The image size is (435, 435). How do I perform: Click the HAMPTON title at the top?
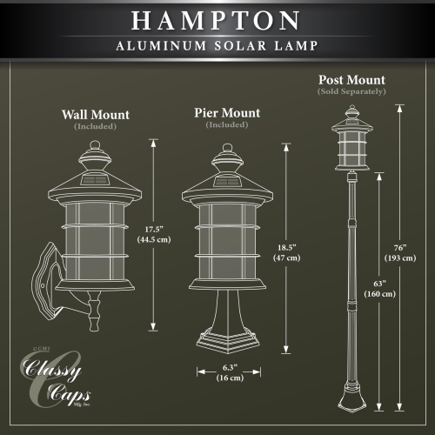click(x=217, y=21)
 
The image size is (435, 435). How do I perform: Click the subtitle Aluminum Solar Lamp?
click(x=217, y=46)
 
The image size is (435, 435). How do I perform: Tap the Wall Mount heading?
click(x=96, y=114)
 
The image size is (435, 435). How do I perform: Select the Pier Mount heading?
click(x=226, y=113)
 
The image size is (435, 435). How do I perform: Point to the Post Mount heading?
click(x=352, y=80)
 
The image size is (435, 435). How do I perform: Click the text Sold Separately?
click(x=352, y=91)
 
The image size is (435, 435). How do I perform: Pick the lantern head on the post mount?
click(x=351, y=139)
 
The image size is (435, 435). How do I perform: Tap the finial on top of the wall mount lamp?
click(x=95, y=154)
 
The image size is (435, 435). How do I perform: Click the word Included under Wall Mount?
click(x=96, y=126)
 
